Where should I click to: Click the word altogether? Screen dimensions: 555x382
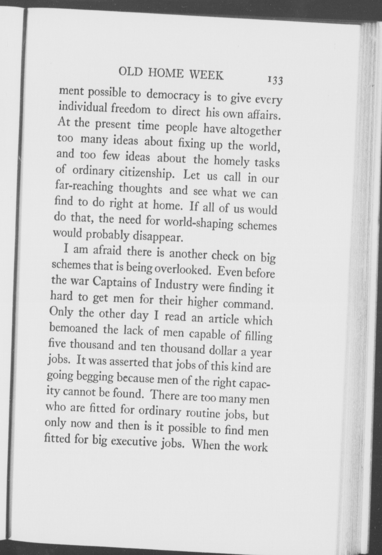point(256,130)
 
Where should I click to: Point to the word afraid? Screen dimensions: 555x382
point(107,251)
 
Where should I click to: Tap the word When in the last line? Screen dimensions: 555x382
point(205,446)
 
